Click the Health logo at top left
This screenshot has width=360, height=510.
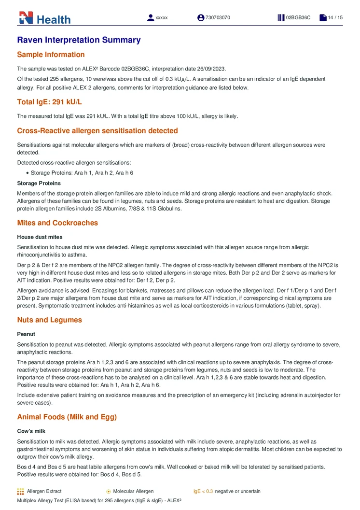[x=44, y=18]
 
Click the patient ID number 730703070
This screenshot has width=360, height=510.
[x=218, y=18]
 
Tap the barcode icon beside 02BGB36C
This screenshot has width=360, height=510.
[x=281, y=18]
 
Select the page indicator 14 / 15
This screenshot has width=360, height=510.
[x=335, y=18]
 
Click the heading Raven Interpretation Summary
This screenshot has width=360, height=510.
[x=79, y=40]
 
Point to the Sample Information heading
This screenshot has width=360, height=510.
[x=51, y=55]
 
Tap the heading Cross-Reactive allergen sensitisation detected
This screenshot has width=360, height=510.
[x=97, y=130]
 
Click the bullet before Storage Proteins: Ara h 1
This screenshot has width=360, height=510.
[x=28, y=173]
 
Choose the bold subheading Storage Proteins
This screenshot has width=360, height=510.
[x=39, y=183]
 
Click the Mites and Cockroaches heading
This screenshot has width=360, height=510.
[x=57, y=223]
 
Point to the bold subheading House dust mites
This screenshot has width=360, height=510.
[x=40, y=237]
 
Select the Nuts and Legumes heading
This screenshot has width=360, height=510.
[x=49, y=320]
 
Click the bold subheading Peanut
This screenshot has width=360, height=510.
[x=26, y=334]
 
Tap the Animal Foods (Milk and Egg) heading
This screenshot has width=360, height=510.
[x=67, y=417]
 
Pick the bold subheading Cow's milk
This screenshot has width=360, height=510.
[x=32, y=431]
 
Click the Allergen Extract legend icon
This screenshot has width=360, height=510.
[x=20, y=491]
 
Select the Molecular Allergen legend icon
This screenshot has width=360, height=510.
[x=109, y=491]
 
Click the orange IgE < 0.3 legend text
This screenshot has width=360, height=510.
[x=203, y=491]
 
